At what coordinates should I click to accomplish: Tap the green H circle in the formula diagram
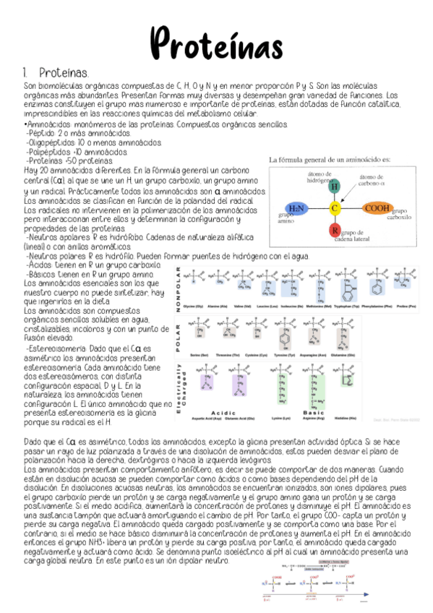click(335, 187)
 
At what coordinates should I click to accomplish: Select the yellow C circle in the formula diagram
click(335, 208)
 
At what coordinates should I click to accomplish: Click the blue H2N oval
click(296, 208)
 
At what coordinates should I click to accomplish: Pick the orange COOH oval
click(377, 208)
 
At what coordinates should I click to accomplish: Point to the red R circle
click(335, 231)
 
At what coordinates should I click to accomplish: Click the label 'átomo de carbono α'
click(375, 180)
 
